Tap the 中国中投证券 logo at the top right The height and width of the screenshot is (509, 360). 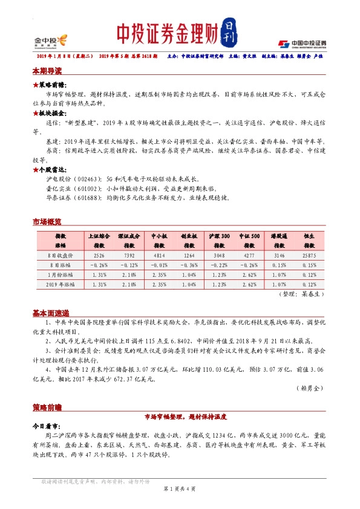[302, 43]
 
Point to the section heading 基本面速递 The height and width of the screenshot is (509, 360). [51, 313]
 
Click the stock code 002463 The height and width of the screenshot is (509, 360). [87, 180]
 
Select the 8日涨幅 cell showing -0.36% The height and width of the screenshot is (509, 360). [189, 265]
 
